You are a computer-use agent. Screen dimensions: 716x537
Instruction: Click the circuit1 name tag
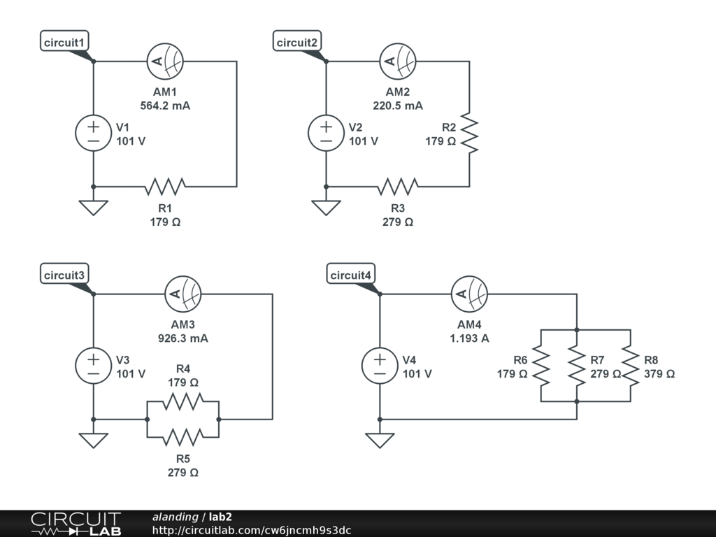point(64,41)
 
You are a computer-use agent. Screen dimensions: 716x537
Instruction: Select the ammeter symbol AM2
point(398,62)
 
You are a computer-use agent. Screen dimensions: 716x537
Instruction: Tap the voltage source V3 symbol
point(93,366)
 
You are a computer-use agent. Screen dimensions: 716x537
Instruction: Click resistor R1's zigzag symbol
point(165,187)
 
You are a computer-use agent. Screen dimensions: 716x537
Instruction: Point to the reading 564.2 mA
point(165,106)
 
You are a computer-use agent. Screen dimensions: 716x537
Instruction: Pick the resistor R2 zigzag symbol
point(469,133)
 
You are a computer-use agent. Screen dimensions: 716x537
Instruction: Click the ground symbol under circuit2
point(326,208)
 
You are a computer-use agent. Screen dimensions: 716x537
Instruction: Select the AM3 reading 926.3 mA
point(182,338)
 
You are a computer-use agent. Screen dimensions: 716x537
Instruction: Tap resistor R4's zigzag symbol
point(182,401)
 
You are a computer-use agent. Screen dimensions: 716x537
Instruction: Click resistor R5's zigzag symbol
point(182,437)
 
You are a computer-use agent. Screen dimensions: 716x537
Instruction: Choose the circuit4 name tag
point(351,274)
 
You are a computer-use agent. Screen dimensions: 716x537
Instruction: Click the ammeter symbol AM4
point(469,294)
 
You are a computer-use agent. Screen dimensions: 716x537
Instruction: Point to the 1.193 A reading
point(469,338)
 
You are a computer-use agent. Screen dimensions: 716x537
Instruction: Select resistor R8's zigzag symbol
point(631,366)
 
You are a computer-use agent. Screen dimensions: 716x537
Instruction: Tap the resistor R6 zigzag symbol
point(541,366)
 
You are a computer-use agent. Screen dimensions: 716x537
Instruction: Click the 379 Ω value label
point(659,374)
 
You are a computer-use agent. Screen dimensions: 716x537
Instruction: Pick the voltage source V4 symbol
point(380,366)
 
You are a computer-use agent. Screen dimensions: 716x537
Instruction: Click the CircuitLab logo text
point(76,524)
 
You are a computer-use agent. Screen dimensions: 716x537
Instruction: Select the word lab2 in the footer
point(220,517)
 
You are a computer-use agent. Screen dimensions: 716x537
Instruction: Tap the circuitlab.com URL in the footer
point(252,530)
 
